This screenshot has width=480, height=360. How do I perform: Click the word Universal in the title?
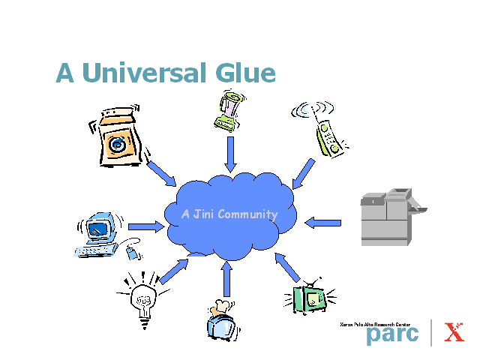pos(144,72)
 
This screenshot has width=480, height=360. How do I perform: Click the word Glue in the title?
pos(245,72)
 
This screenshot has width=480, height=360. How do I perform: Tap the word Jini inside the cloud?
pos(203,214)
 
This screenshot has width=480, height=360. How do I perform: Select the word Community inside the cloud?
pos(247,214)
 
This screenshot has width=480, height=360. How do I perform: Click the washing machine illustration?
pos(117,136)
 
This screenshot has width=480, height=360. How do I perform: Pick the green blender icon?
pos(229,111)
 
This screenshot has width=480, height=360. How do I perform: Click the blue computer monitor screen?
pos(98,229)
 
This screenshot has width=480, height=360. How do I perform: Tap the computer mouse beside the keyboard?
pos(133,253)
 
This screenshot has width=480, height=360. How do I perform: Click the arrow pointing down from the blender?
pos(230,154)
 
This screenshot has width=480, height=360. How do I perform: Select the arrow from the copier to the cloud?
pos(323,223)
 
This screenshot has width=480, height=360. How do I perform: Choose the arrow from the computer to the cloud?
pos(146,226)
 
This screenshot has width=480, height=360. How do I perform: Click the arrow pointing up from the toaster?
pos(226,279)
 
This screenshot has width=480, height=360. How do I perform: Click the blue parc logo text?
pos(392,335)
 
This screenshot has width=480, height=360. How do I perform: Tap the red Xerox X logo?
pos(454,331)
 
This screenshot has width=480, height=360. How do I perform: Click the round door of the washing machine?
pos(117,145)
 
